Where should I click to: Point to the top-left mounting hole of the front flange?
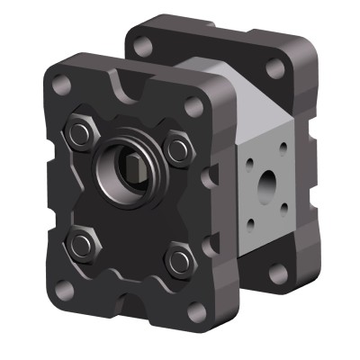60,86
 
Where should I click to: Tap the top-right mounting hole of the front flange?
193,106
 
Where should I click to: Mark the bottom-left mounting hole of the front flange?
64,290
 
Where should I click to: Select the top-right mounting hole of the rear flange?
275,67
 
